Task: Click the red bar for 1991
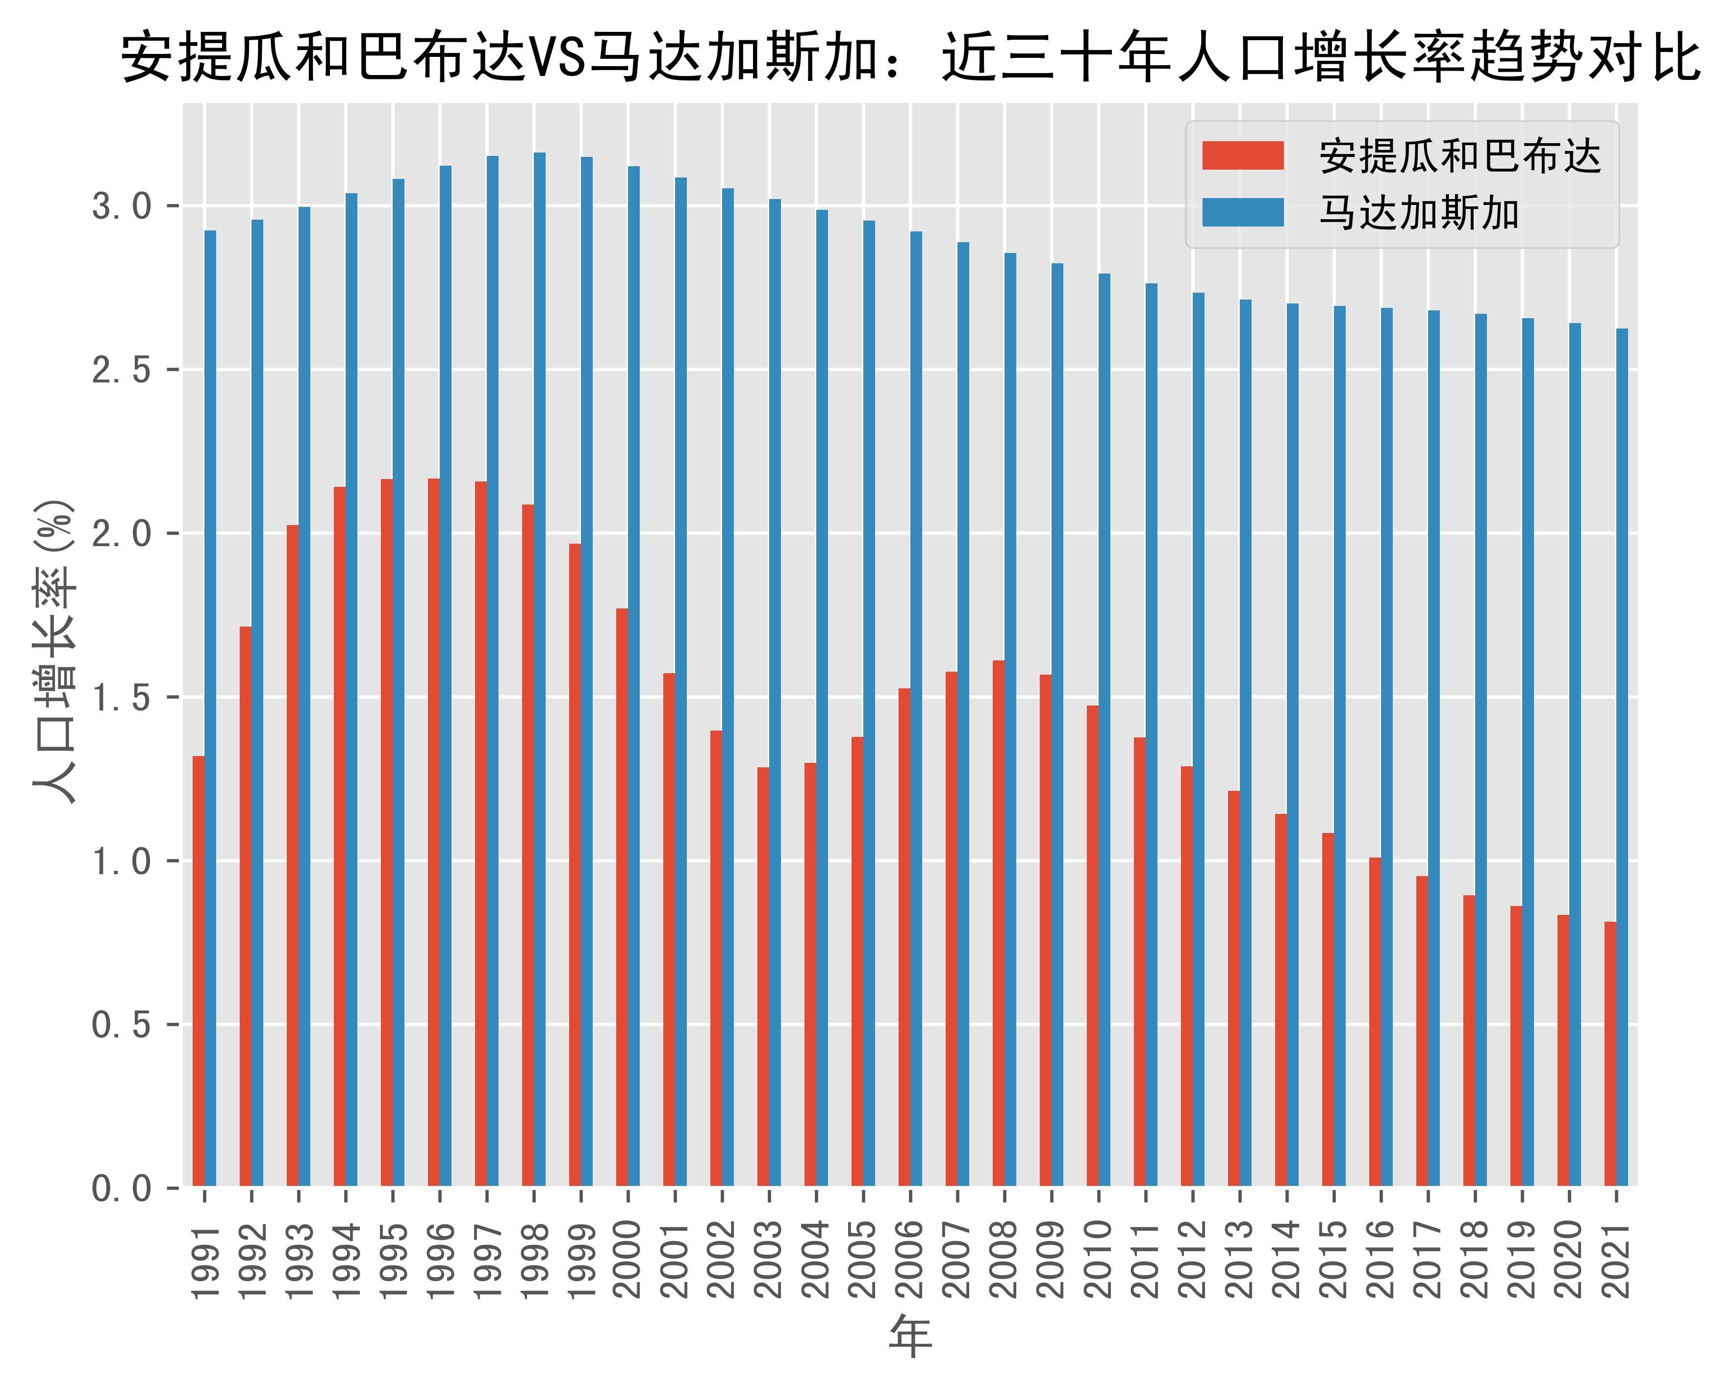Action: (x=199, y=970)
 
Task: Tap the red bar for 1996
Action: (x=434, y=832)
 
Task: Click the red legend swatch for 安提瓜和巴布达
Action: (x=1243, y=155)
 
